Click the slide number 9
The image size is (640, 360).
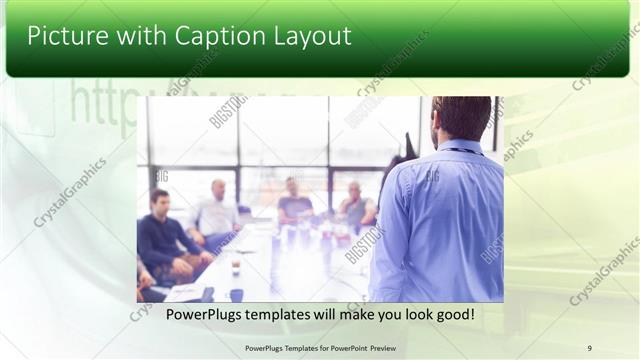pos(589,348)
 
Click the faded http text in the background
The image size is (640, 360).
pos(100,100)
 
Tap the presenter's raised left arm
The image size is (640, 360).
pos(395,170)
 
